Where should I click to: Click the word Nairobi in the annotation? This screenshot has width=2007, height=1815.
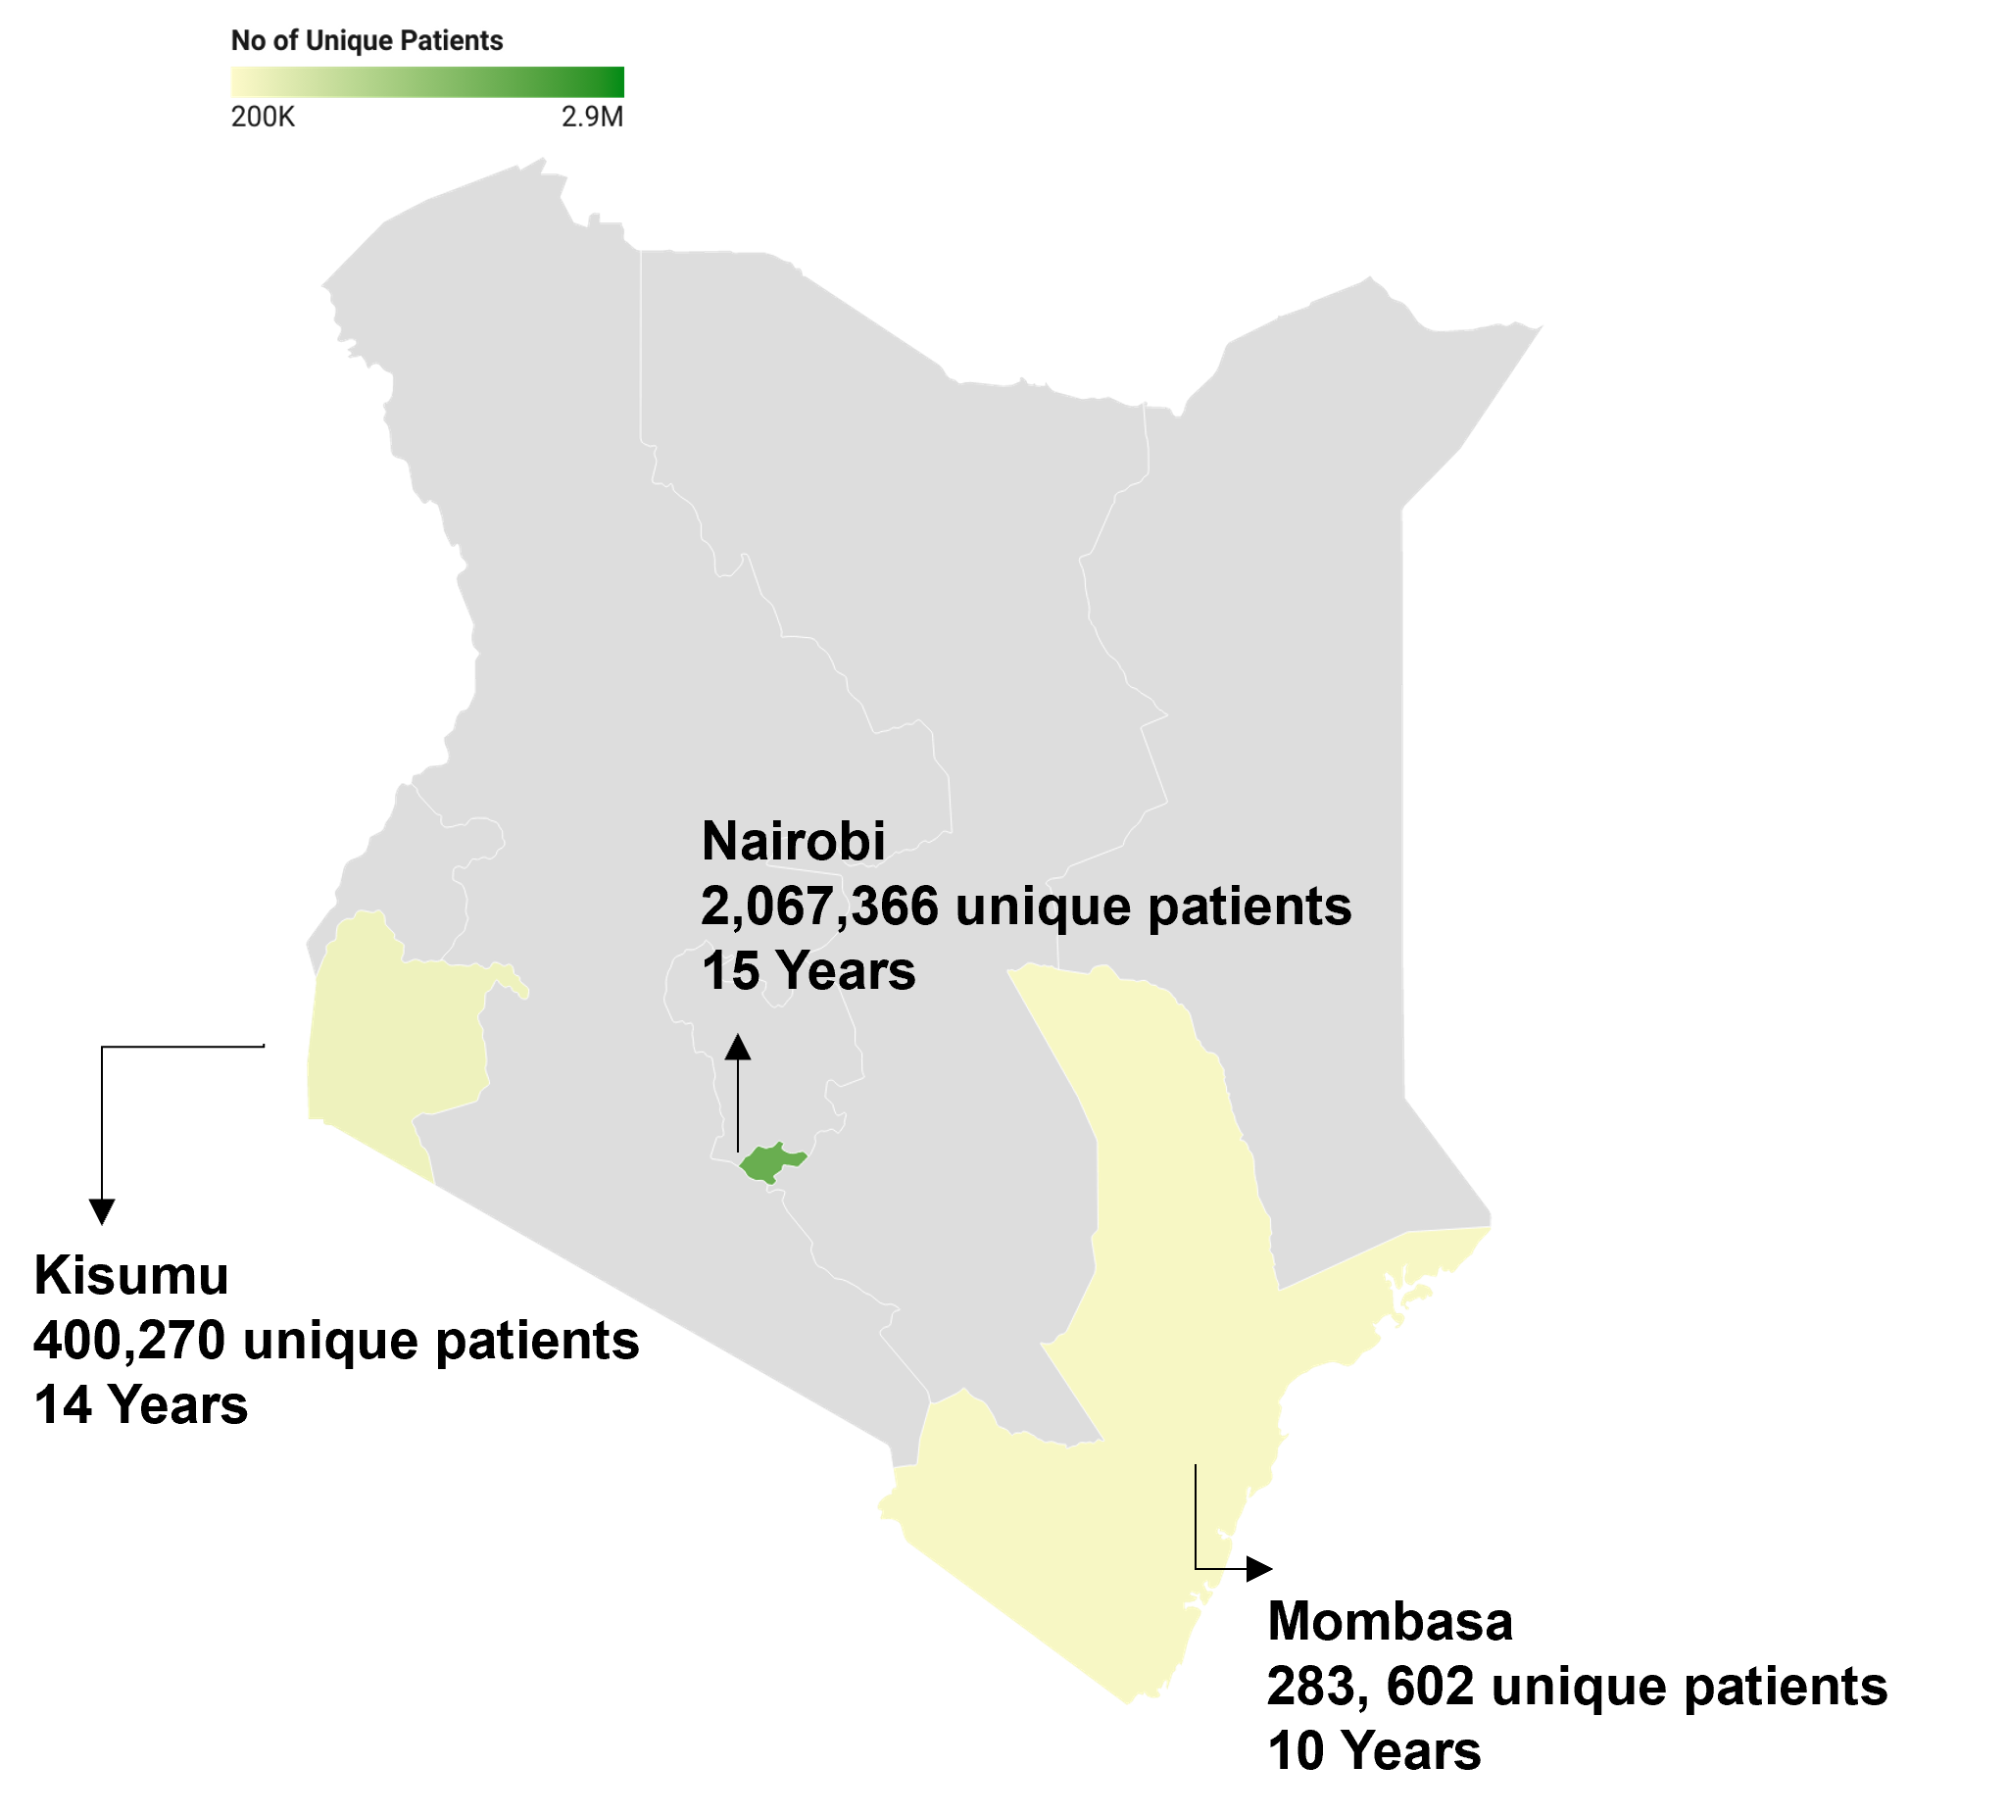[x=793, y=842]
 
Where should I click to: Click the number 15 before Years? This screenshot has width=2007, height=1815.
[x=730, y=972]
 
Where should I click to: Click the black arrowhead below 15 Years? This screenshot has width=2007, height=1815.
[x=737, y=1047]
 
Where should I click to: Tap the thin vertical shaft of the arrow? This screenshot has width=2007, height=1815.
[x=737, y=1105]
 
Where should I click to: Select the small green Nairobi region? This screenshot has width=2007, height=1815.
[x=769, y=1163]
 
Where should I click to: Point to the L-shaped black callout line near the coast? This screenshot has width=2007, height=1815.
[x=1196, y=1523]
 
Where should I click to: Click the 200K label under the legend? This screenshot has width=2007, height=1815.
[x=263, y=118]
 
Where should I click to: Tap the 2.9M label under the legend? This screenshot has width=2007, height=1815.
[x=592, y=118]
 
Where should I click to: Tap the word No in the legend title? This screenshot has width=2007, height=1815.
[x=247, y=41]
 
